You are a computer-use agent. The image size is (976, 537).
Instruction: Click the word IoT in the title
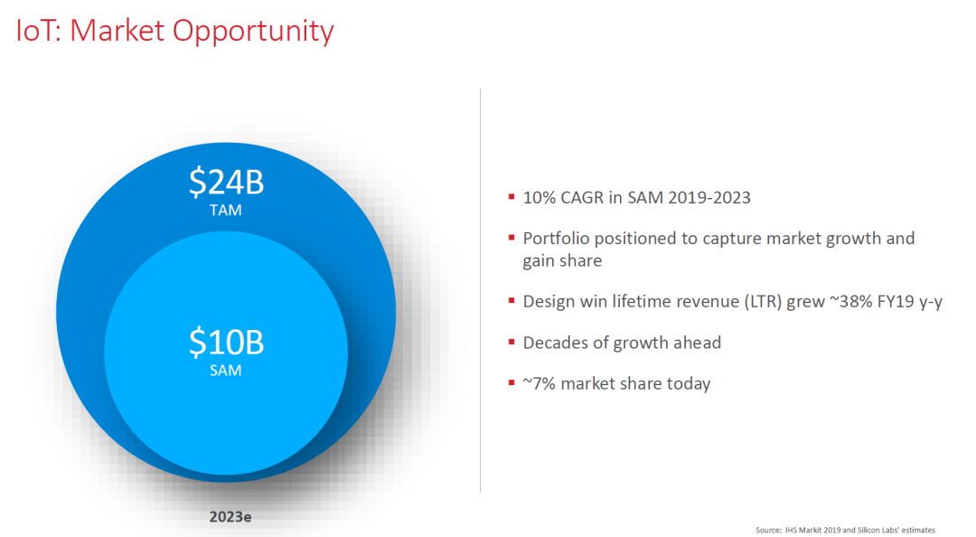(36, 31)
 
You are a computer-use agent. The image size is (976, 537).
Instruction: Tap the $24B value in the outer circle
(227, 182)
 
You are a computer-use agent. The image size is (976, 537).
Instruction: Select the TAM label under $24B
(225, 211)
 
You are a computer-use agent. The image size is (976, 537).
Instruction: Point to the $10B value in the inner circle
(227, 342)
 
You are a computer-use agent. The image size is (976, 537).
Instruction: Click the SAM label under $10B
(225, 371)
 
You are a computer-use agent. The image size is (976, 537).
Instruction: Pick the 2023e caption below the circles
(230, 516)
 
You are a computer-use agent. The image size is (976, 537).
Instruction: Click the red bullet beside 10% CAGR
(511, 197)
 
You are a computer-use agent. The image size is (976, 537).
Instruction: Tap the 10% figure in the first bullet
(539, 197)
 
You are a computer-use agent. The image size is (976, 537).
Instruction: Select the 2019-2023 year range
(709, 197)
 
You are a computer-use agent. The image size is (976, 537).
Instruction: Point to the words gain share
(562, 261)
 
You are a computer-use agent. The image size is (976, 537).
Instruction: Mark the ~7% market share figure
(539, 383)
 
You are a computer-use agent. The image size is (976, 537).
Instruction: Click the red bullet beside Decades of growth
(511, 342)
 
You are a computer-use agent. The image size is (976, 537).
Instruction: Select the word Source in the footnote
(768, 530)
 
